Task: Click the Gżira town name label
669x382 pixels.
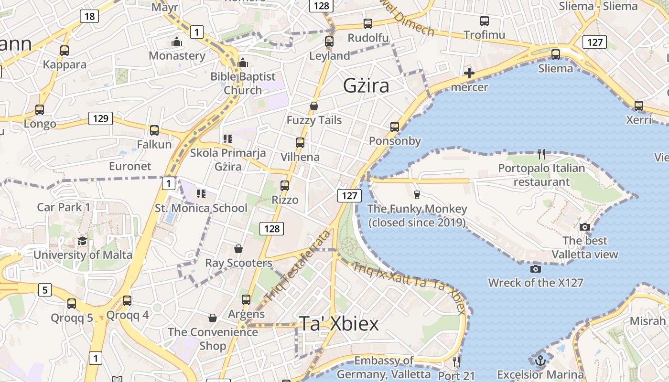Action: click(366, 85)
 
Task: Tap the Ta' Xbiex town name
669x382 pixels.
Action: click(338, 323)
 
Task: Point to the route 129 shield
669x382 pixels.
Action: click(100, 118)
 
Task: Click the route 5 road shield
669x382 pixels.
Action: click(44, 289)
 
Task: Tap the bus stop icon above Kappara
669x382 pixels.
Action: click(65, 51)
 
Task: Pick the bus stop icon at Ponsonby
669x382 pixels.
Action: click(395, 127)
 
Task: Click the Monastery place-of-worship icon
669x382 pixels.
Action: click(177, 42)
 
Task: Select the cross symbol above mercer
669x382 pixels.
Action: click(469, 73)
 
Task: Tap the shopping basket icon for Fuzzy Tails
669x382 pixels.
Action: click(314, 106)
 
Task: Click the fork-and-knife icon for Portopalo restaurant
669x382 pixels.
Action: click(541, 154)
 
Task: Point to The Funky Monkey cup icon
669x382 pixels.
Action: click(417, 194)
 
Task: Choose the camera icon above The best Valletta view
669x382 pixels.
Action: click(584, 227)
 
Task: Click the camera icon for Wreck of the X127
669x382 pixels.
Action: click(536, 269)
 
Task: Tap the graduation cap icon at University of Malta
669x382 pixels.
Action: click(82, 241)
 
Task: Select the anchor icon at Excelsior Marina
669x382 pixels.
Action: click(540, 361)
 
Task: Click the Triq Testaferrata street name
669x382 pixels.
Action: click(298, 265)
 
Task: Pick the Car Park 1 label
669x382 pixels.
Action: click(64, 207)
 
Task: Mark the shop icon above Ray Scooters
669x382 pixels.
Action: click(238, 249)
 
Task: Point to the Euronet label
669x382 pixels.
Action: click(130, 166)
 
